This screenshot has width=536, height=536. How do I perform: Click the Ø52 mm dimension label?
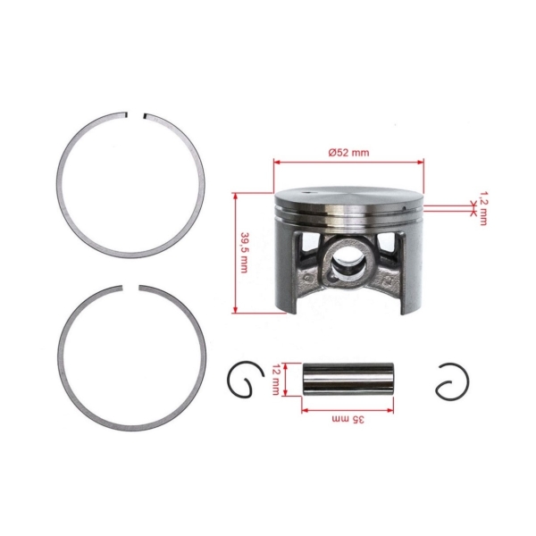(x=348, y=153)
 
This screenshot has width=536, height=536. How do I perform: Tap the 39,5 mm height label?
(x=244, y=253)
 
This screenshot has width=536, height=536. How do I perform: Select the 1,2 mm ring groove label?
(x=483, y=207)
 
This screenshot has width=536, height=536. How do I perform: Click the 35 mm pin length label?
(x=346, y=419)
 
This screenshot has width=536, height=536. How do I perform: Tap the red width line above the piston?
(x=348, y=163)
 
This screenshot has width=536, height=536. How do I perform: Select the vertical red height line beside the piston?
(x=235, y=252)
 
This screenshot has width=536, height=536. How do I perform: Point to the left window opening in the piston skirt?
(x=306, y=249)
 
